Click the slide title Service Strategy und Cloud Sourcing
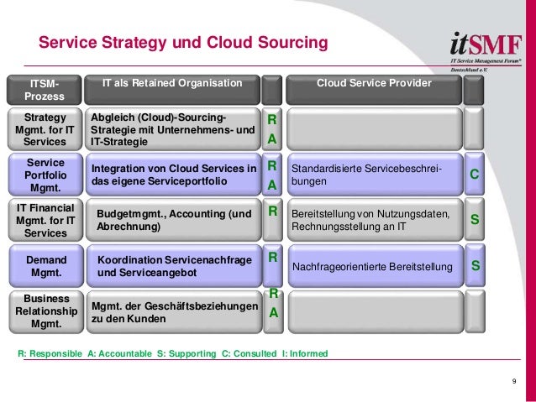tap(183, 42)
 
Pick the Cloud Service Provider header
tap(373, 84)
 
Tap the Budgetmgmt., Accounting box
tap(174, 220)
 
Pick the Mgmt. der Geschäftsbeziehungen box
tap(174, 312)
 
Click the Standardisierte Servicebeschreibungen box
tap(375, 175)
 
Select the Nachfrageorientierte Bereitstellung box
tap(375, 267)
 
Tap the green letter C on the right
tap(474, 174)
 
